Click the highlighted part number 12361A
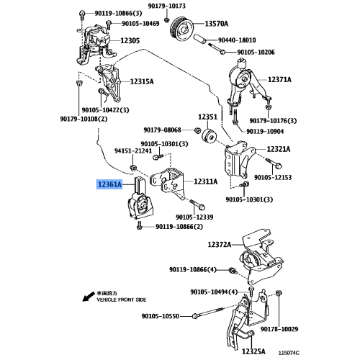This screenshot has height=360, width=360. tap(109, 184)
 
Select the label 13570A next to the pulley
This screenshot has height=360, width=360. tap(217, 24)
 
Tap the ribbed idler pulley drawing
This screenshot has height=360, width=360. tap(182, 29)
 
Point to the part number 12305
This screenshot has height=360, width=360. tap(130, 40)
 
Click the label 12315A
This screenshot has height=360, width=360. tap(142, 81)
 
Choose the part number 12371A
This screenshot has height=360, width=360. tap(279, 79)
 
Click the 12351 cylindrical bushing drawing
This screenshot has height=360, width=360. tap(210, 137)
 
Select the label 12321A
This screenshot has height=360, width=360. tap(279, 149)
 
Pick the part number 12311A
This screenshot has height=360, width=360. tap(206, 181)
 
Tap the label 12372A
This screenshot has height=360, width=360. tap(220, 245)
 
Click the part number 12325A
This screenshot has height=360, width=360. tap(253, 351)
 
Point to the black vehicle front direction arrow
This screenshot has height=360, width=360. tap(89, 297)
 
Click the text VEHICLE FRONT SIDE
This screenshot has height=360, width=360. tap(122, 300)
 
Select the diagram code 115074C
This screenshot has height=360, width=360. tap(289, 353)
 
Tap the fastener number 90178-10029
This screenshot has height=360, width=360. tap(279, 329)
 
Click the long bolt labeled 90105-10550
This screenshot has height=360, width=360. tap(210, 312)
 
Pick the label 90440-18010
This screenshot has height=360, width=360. tap(237, 40)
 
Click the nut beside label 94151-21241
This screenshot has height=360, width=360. tap(133, 167)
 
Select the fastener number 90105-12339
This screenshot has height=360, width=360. tap(194, 217)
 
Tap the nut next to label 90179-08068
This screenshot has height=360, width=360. tap(197, 130)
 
